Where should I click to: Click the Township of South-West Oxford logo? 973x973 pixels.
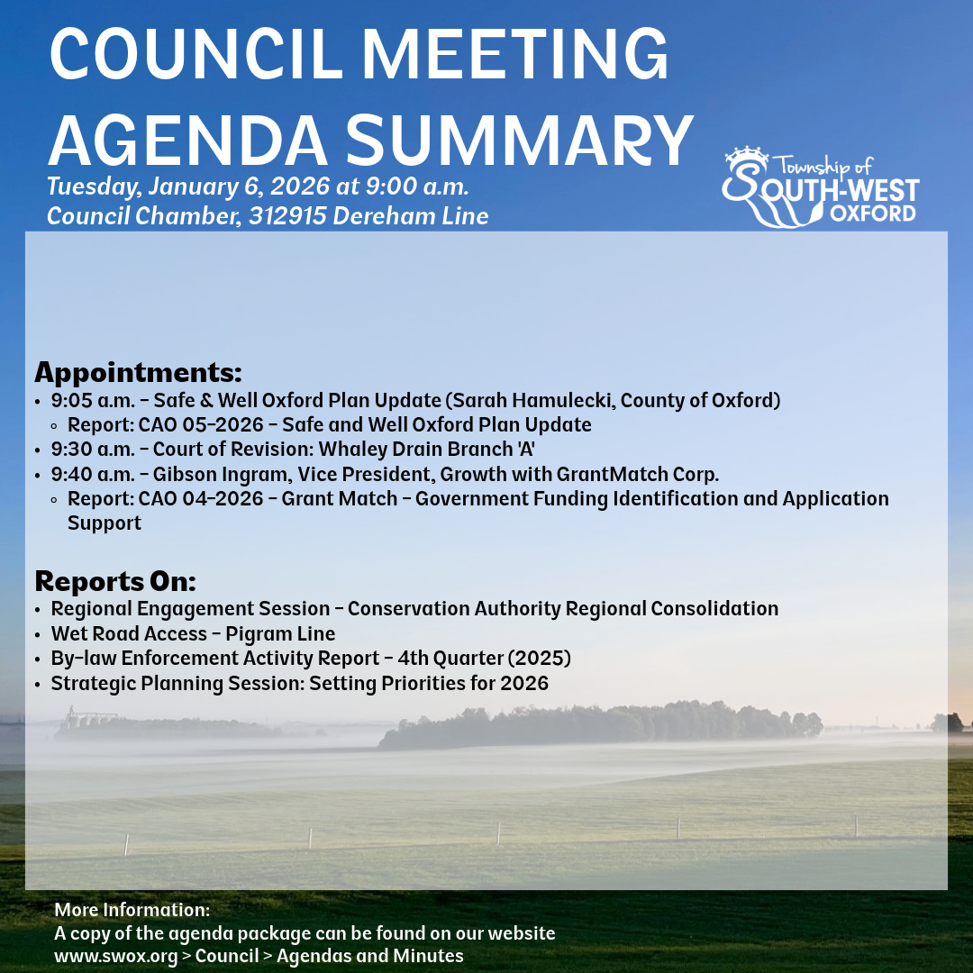point(820,187)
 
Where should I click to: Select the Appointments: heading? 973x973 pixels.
point(138,372)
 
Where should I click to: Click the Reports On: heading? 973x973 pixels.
point(115,580)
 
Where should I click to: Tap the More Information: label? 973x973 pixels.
point(132,909)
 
